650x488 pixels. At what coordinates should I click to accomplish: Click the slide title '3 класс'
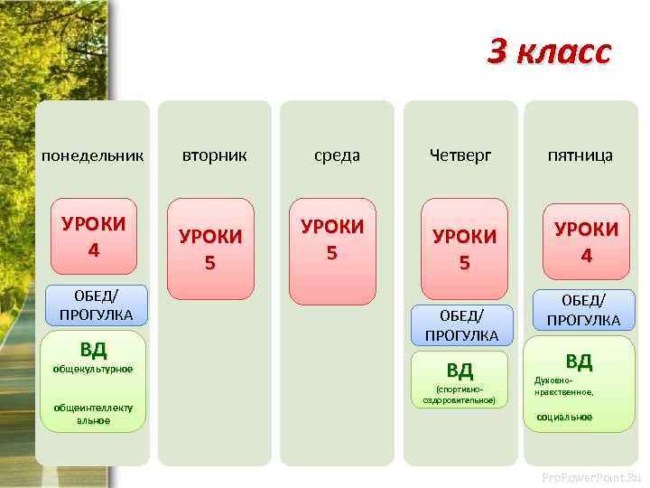(x=549, y=52)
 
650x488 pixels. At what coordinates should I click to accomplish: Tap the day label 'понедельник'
(x=92, y=155)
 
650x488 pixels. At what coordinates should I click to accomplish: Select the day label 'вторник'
(x=215, y=155)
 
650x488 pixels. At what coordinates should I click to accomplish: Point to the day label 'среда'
(x=337, y=155)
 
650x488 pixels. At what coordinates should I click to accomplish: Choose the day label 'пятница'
(x=580, y=155)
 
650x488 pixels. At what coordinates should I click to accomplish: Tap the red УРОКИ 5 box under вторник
(x=210, y=249)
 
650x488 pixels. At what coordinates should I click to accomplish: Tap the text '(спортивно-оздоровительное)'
(x=460, y=394)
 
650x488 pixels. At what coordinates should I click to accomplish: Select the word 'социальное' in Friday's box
(x=564, y=418)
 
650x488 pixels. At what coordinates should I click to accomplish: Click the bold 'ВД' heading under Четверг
(x=460, y=370)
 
